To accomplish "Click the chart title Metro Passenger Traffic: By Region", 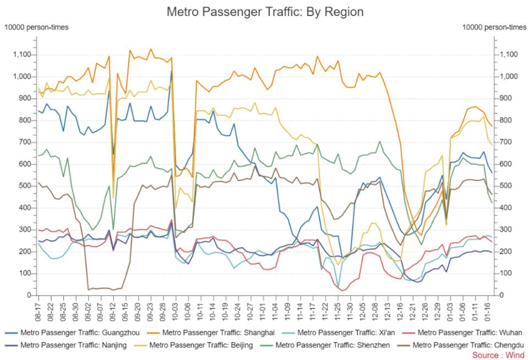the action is coord(265,12).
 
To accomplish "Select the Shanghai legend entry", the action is coord(211,332).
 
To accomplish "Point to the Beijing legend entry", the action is coord(193,345).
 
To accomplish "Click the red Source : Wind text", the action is coord(498,355).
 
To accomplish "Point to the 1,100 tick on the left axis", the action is coord(22,54).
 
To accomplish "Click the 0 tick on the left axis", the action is coord(29,296).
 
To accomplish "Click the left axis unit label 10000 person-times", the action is coord(36,28).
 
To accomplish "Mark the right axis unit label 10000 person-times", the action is coord(494,28).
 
